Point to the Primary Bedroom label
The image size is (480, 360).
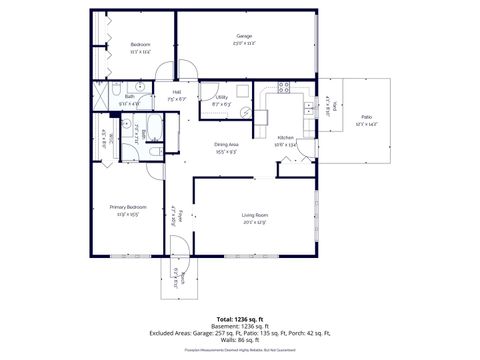pos(129,207)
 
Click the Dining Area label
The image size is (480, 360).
pos(226,146)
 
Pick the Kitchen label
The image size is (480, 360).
pos(286,137)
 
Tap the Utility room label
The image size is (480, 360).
pos(221,97)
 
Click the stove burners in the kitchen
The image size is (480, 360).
pos(284,91)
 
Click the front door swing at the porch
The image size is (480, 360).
pos(177,241)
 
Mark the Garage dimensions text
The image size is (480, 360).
pos(245,44)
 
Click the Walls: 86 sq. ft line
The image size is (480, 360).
pos(240,343)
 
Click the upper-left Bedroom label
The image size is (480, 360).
pos(140,45)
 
